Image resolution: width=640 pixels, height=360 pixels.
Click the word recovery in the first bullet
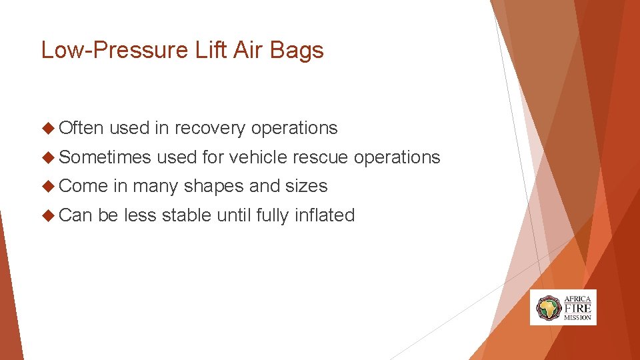point(209,128)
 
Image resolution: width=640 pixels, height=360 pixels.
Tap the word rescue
point(321,157)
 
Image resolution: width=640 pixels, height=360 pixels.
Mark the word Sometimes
point(105,157)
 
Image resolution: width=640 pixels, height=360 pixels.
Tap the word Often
point(81,128)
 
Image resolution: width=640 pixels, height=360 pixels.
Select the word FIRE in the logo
point(577,308)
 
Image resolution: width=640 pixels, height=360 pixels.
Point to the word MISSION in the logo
point(577,318)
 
